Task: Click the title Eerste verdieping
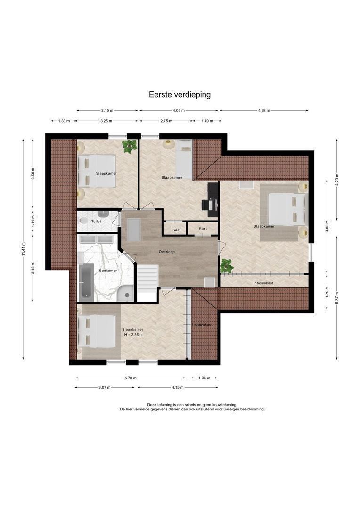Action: coord(180,94)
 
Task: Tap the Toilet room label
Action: coord(96,222)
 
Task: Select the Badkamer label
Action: coord(108,271)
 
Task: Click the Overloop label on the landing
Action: coord(167,252)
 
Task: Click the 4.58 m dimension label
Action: coord(264,110)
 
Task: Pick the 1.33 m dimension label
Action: coord(64,121)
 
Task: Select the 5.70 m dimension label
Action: coord(131,378)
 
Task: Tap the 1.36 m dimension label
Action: coord(205,378)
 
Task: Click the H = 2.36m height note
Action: coord(133,334)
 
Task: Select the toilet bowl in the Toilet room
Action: coord(83,221)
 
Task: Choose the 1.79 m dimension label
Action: coord(327,292)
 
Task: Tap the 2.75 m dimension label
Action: coord(166,121)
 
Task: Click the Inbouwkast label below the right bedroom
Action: coord(263,283)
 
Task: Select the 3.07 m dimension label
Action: coord(105,387)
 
